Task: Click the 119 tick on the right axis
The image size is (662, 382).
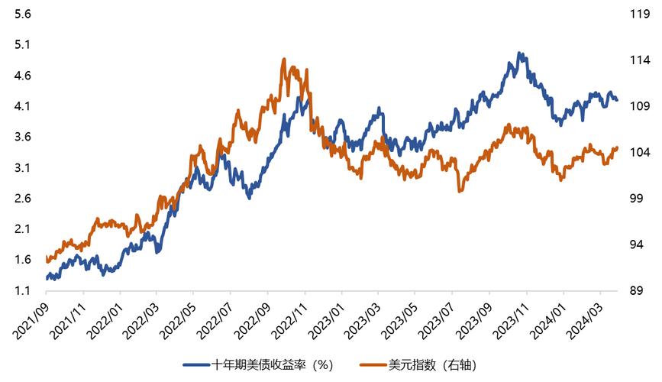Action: tap(638, 14)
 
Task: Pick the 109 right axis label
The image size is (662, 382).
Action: tap(638, 106)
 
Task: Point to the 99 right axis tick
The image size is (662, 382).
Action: tap(635, 199)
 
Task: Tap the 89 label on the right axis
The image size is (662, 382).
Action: tap(635, 291)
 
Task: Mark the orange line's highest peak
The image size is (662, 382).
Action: tap(284, 59)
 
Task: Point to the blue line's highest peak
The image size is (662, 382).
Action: tap(520, 53)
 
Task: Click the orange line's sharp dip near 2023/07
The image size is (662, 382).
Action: tap(460, 190)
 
